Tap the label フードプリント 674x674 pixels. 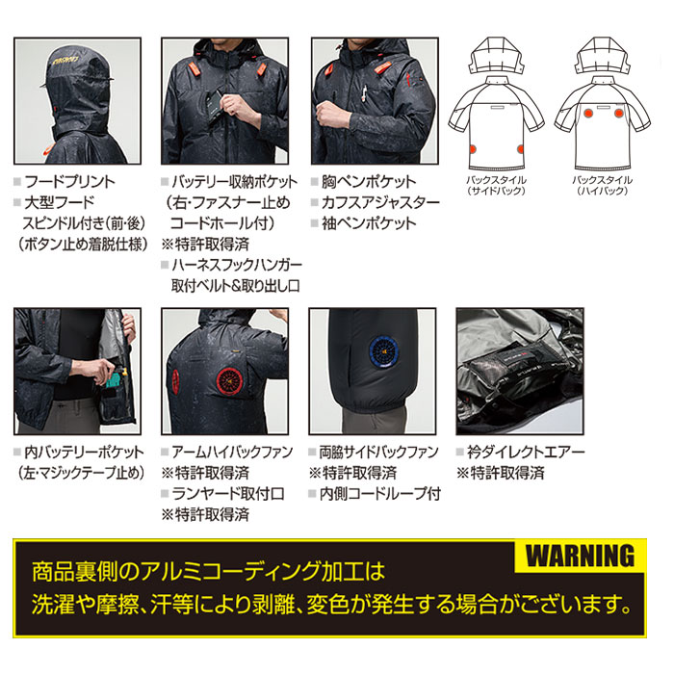(70, 181)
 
